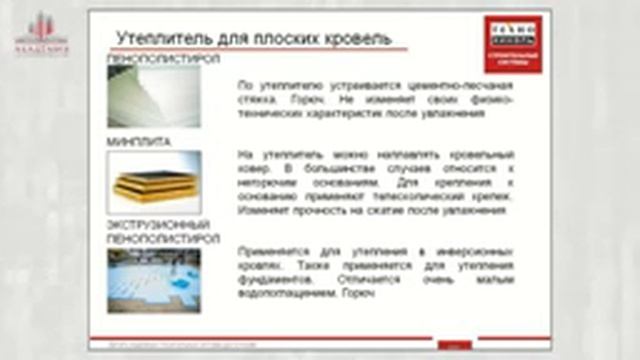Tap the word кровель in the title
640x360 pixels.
(x=344, y=38)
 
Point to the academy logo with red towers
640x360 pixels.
(x=41, y=34)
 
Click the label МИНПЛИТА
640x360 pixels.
(x=138, y=142)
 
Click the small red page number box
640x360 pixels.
(x=455, y=345)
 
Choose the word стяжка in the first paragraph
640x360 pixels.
(x=255, y=100)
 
